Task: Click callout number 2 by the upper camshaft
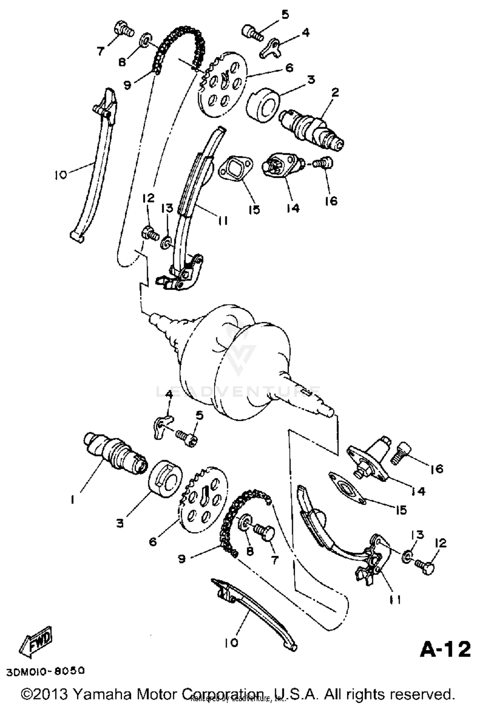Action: (x=335, y=93)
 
